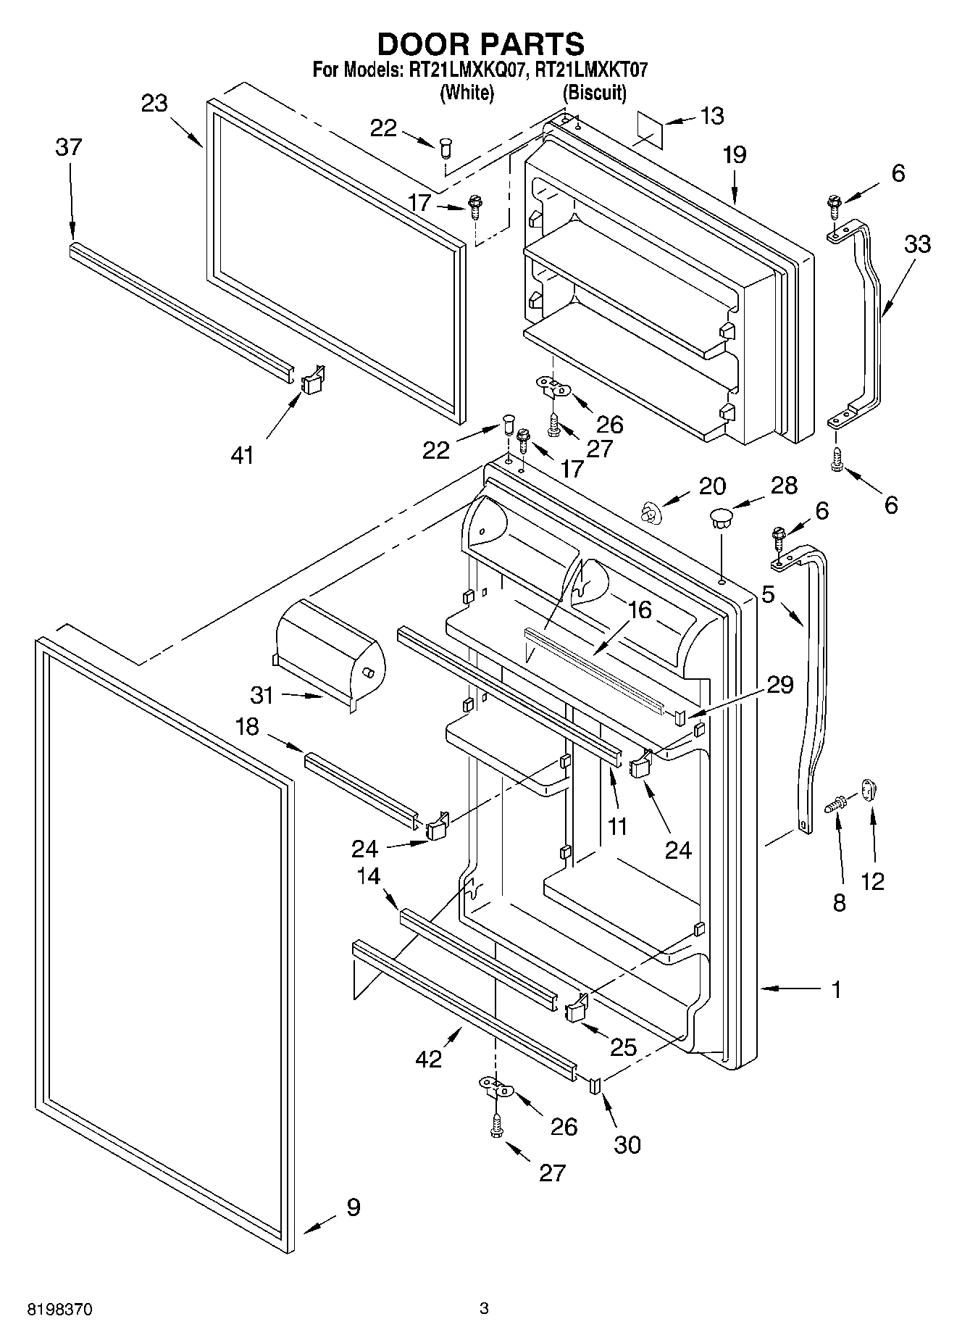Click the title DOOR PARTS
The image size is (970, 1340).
480,43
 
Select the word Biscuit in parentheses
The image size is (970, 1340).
595,93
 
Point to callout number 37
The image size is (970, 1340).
70,147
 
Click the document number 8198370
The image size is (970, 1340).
61,1310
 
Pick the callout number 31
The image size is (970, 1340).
262,695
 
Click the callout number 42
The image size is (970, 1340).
429,1058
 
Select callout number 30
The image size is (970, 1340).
627,1144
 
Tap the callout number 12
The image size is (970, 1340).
872,881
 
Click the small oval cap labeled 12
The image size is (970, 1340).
869,788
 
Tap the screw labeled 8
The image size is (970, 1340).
839,802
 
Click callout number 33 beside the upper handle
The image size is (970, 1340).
916,244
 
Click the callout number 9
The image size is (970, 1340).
353,1207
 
